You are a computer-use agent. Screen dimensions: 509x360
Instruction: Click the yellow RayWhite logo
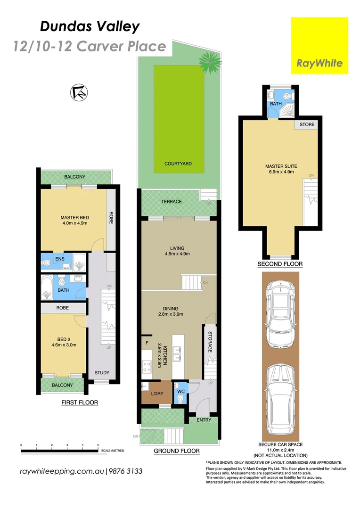[x=319, y=46]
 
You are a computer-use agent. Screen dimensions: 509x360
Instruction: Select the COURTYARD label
[x=178, y=164]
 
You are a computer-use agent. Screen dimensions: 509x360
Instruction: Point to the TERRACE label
[x=171, y=202]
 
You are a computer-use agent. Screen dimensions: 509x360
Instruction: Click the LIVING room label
[x=177, y=248]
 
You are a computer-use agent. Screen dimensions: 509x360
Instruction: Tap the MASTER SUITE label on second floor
[x=281, y=166]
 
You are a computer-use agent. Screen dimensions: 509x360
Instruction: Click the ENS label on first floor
[x=60, y=259]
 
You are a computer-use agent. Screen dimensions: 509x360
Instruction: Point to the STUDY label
[x=102, y=373]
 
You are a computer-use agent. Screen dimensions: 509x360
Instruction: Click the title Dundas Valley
[x=90, y=27]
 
